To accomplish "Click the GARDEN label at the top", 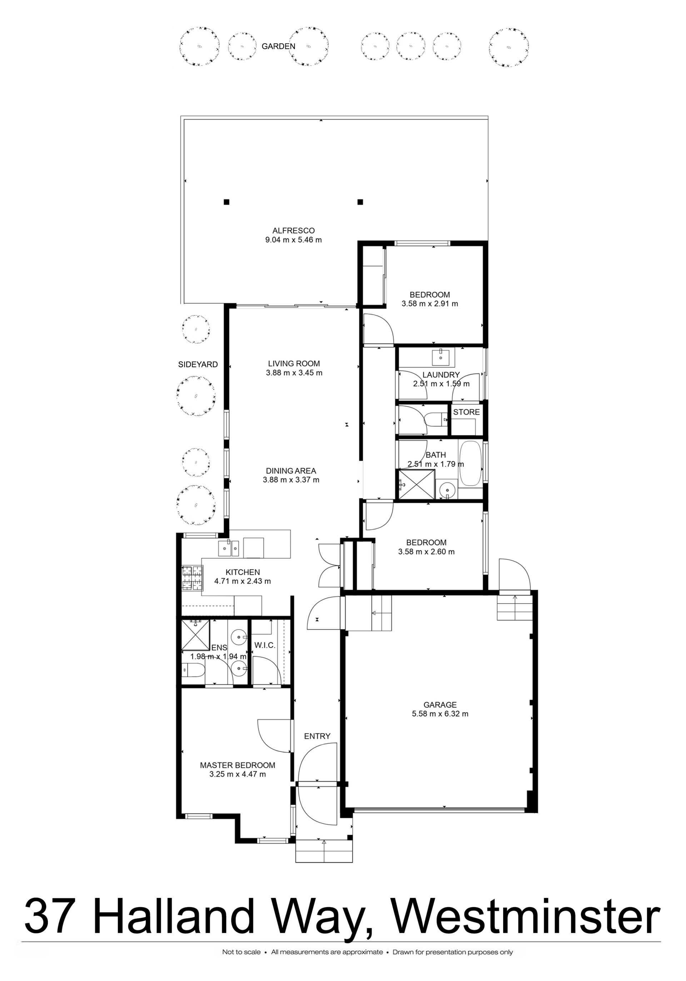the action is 278,46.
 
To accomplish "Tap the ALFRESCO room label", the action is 294,231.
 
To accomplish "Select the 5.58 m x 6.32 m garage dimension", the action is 440,713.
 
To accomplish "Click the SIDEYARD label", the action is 198,364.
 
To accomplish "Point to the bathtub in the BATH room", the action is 471,463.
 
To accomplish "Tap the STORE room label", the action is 466,412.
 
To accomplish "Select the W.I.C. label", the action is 265,645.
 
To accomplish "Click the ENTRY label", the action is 317,736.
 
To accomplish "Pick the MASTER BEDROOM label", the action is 237,765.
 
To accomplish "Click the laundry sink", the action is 440,357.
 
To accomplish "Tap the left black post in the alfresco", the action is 227,202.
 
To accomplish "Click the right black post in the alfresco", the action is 360,202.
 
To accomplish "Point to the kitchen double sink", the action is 228,548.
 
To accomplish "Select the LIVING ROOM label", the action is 294,364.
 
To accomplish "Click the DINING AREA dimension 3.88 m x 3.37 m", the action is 291,480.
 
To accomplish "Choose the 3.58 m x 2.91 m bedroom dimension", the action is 430,304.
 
